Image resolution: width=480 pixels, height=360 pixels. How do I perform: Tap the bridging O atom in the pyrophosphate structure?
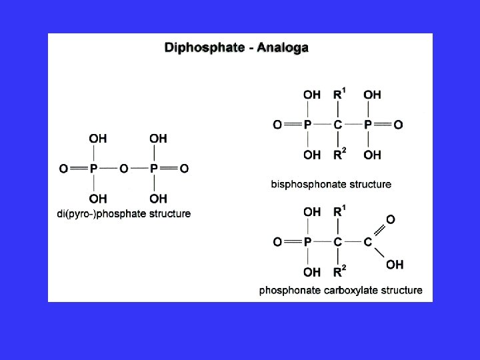click(123, 169)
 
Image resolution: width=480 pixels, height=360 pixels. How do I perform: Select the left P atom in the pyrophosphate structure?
click(93, 169)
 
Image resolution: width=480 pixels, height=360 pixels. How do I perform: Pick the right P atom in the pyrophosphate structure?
click(154, 169)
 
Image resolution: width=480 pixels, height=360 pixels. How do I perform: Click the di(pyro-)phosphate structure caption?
click(124, 214)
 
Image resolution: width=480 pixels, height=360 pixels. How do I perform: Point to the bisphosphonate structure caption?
click(331, 184)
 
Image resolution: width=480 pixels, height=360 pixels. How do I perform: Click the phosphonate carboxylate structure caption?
click(341, 290)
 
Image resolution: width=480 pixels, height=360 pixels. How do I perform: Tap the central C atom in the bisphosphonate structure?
click(338, 125)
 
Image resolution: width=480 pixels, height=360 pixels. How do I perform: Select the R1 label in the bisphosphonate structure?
click(340, 94)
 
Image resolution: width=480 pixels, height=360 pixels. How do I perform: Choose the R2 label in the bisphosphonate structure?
click(340, 155)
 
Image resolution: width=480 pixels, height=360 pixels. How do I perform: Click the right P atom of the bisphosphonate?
click(369, 125)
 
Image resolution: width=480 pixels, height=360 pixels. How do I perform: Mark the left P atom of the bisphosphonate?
click(307, 125)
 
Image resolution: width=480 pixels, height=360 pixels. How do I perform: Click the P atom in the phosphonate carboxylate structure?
click(307, 242)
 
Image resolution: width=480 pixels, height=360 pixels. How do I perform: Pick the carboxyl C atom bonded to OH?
click(368, 242)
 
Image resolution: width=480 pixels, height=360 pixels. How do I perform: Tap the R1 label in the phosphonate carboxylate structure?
click(340, 212)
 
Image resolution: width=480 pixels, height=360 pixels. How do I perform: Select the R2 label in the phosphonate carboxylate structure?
click(340, 272)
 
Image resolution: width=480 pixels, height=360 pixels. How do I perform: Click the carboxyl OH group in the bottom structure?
click(395, 265)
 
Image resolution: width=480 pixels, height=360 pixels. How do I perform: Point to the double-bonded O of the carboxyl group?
click(391, 219)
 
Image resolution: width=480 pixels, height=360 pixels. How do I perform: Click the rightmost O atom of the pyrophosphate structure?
click(185, 169)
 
